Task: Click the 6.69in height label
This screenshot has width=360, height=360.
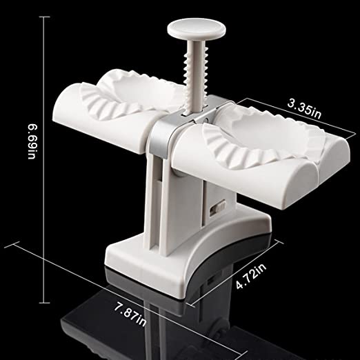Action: pyautogui.click(x=32, y=141)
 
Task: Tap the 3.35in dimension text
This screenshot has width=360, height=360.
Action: pyautogui.click(x=304, y=110)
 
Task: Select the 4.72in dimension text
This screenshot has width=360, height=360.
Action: pyautogui.click(x=251, y=276)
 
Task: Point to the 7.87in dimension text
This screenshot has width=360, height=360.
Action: pyautogui.click(x=130, y=314)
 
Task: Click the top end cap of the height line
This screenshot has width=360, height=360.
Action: pyautogui.click(x=43, y=17)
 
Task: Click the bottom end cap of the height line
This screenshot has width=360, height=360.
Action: pyautogui.click(x=43, y=303)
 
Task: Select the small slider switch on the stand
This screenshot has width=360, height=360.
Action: pyautogui.click(x=218, y=206)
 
